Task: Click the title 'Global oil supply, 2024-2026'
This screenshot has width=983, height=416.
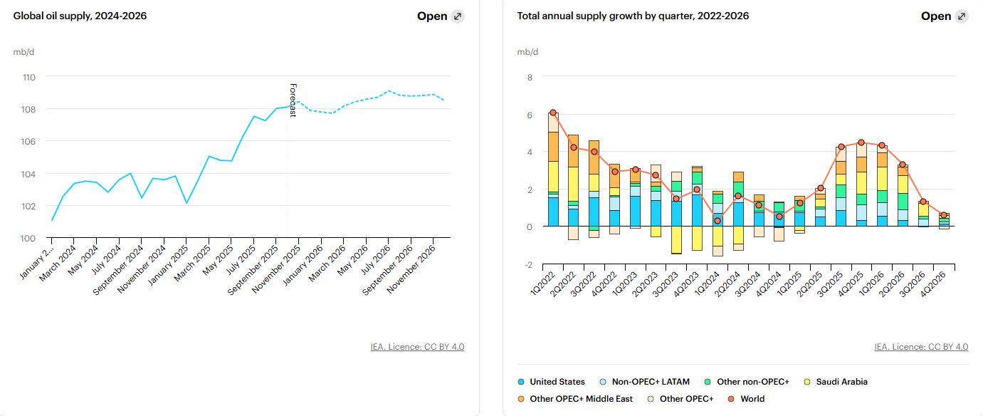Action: tap(80, 16)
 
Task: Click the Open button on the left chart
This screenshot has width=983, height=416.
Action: tap(441, 16)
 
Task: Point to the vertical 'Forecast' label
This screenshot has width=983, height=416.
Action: tap(293, 100)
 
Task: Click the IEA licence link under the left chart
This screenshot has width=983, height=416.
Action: tap(417, 347)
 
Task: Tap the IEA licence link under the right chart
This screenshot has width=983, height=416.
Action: tap(921, 347)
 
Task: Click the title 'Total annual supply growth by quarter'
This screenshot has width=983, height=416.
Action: tap(633, 16)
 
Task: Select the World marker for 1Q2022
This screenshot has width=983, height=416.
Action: tap(553, 113)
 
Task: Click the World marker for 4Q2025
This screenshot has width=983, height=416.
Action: tap(861, 142)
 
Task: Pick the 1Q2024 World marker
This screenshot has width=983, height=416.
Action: tap(717, 221)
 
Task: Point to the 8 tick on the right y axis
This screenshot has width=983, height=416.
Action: tap(529, 78)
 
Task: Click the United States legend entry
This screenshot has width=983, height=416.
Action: tap(557, 382)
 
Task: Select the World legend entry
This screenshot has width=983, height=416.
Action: tap(752, 399)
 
